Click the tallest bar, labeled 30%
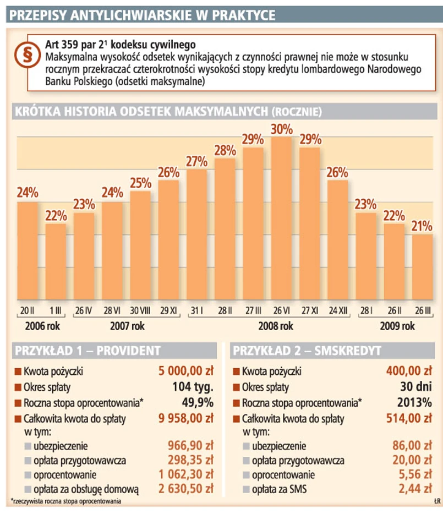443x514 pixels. point(281,220)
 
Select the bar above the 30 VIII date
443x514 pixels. point(140,248)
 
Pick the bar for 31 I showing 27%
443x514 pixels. point(196,237)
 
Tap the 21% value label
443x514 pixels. point(422,226)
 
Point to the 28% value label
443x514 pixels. point(225,150)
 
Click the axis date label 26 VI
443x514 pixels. point(281,310)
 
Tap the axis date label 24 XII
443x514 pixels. point(338,310)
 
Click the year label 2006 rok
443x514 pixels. point(42,326)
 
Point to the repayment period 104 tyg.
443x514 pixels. point(193,386)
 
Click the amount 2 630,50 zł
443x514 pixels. point(185,488)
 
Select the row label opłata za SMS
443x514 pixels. point(280,488)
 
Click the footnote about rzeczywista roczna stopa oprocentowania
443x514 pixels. point(66,501)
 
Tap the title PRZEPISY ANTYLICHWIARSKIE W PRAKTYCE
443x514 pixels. point(142,15)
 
